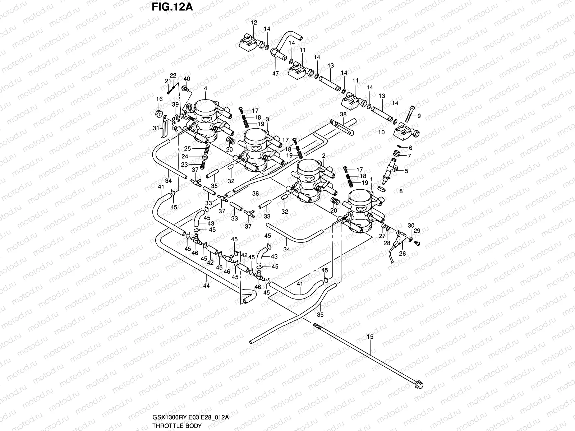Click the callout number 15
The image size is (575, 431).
click(x=370, y=337)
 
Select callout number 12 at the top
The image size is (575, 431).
click(x=254, y=22)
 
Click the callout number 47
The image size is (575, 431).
click(x=275, y=73)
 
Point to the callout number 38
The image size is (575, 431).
click(x=343, y=114)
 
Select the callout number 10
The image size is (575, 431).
click(x=381, y=132)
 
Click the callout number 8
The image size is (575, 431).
click(x=401, y=191)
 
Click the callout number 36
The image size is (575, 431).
click(x=256, y=193)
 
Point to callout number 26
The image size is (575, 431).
click(x=402, y=253)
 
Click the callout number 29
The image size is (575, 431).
click(x=417, y=231)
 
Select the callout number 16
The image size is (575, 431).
click(x=160, y=99)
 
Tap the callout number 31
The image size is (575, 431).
click(x=156, y=128)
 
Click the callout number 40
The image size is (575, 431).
click(x=187, y=79)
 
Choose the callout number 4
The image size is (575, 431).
click(x=206, y=88)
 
